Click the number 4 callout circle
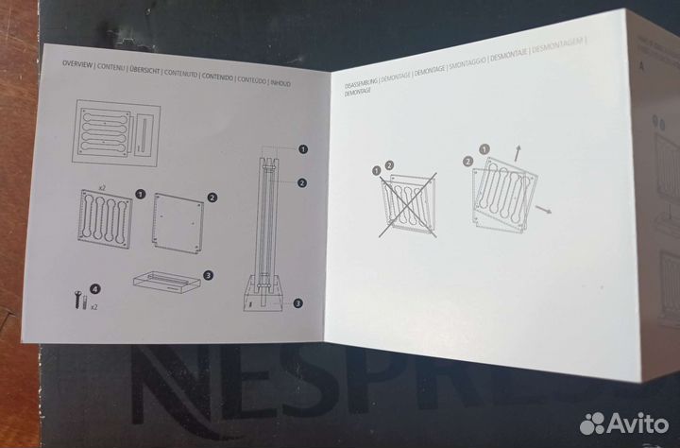click(93, 287)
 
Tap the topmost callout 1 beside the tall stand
click(303, 149)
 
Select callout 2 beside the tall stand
click(302, 181)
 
